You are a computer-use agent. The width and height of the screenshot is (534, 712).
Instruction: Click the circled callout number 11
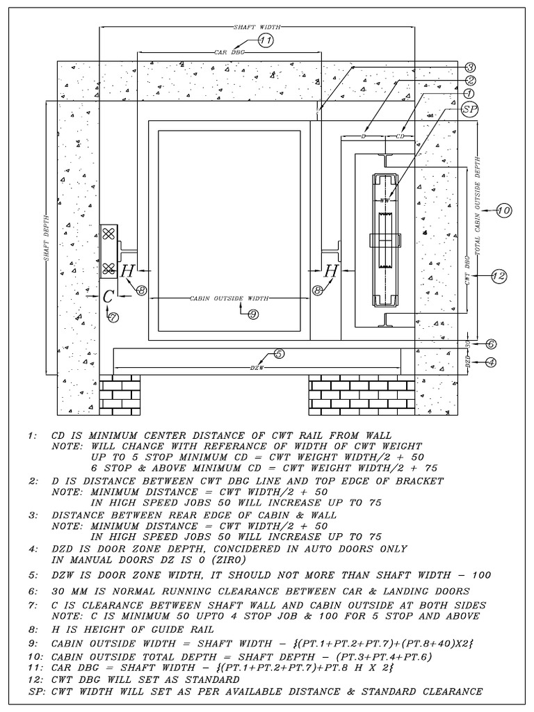tap(266, 41)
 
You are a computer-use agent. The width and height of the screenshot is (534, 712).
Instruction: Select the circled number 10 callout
tap(504, 210)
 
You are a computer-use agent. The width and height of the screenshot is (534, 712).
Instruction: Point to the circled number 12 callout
tap(497, 276)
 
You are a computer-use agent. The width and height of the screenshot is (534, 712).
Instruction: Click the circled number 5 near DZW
tap(279, 354)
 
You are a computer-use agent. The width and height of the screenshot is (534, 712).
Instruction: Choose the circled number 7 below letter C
tap(113, 316)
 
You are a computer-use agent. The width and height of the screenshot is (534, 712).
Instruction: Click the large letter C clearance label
tap(108, 296)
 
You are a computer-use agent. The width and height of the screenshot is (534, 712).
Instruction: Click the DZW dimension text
tap(257, 366)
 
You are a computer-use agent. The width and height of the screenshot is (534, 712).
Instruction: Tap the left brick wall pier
tap(120, 394)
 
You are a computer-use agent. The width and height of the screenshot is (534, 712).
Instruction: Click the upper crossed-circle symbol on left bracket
tap(108, 235)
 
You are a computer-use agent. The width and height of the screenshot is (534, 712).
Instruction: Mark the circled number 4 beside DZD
tap(491, 362)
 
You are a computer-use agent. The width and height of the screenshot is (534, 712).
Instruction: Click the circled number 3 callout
tap(471, 67)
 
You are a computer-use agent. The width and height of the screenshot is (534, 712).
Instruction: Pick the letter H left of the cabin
tap(127, 272)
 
